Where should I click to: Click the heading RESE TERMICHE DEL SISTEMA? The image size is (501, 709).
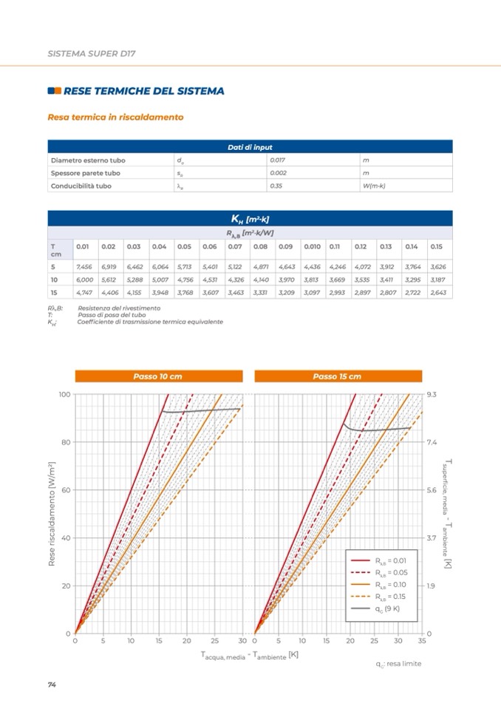143,91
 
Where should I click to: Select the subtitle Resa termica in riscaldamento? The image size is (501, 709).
115,117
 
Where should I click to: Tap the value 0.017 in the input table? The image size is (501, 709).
278,160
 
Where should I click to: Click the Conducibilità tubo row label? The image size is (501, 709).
81,186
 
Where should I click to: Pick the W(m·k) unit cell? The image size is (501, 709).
374,186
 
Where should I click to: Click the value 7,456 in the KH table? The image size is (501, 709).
83,266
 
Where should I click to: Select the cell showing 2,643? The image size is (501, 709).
438,292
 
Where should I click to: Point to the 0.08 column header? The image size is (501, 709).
260,246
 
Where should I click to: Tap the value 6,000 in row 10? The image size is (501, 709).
83,279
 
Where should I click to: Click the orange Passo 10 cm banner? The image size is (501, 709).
158,376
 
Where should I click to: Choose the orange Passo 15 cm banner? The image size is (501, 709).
337,376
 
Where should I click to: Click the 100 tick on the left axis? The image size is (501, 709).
64,395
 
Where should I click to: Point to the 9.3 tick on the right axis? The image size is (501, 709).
432,395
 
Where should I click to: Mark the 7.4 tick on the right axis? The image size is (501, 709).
432,442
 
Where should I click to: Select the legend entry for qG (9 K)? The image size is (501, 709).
386,608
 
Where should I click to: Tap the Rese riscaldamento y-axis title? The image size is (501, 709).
52,513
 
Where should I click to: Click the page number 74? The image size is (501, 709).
52,685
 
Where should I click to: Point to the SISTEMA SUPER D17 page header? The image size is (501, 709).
92,54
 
